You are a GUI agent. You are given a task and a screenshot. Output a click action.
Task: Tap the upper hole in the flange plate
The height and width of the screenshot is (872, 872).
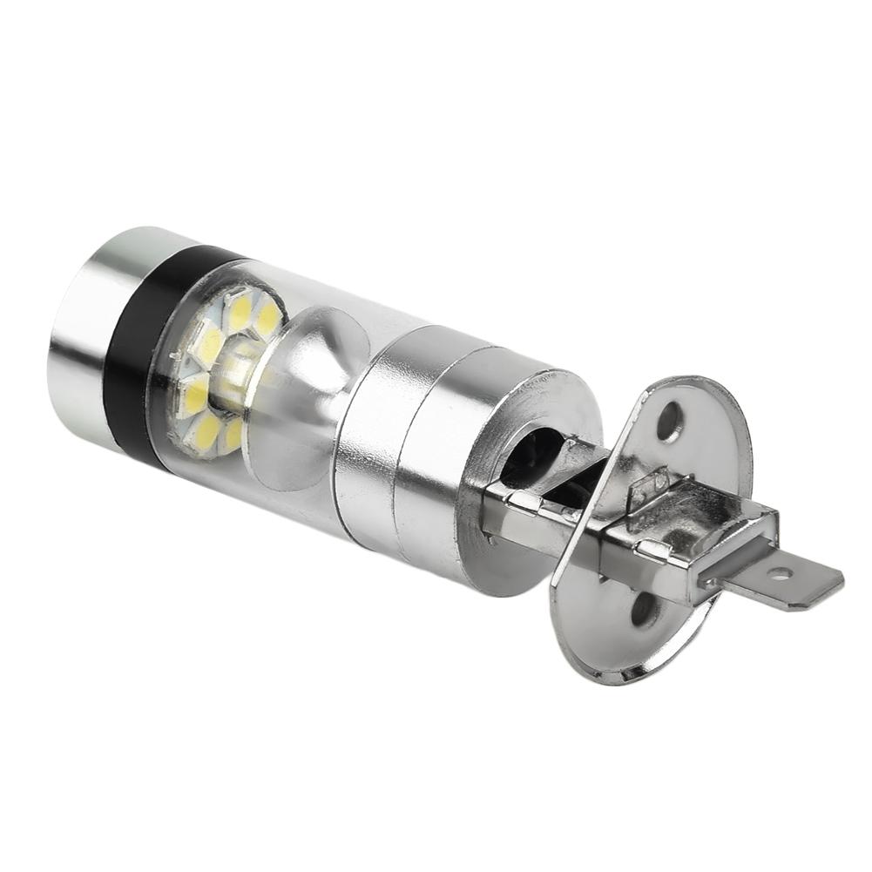tap(669, 421)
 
